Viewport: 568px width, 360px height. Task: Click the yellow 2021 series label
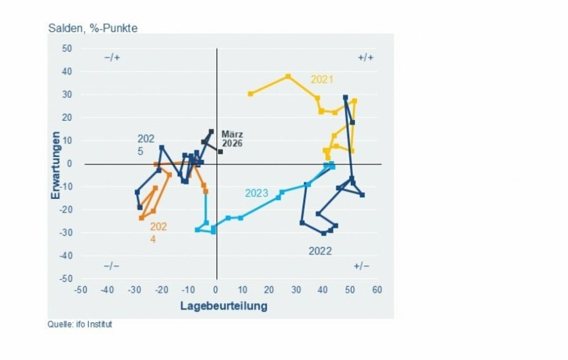coord(322,79)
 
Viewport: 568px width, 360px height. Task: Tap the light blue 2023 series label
coord(256,193)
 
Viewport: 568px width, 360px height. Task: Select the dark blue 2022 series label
coord(320,251)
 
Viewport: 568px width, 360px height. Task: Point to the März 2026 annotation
coord(232,139)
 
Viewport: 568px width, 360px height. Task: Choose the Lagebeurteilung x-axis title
coord(223,306)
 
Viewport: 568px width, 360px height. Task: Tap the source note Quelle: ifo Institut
coord(80,324)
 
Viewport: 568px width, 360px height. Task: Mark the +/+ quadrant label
coord(365,58)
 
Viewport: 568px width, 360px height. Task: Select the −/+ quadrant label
coord(112,58)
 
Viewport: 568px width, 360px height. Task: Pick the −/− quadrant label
coord(112,266)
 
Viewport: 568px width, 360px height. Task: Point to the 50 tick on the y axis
coord(66,49)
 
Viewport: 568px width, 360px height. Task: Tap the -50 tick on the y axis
coord(65,279)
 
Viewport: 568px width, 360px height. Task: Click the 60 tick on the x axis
coord(377,290)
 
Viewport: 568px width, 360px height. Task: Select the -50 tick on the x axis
coord(80,290)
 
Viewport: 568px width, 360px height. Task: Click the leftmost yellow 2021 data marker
coord(250,93)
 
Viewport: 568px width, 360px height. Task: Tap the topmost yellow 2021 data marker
coord(288,76)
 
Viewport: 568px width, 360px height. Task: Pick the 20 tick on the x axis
coord(270,290)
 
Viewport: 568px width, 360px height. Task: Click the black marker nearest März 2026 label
coord(220,152)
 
